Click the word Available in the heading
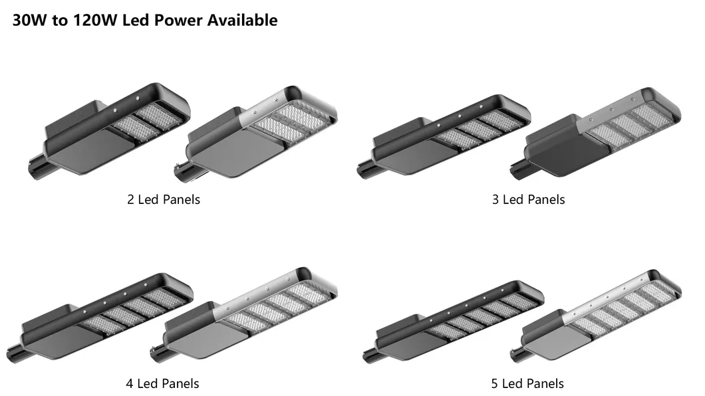click(x=242, y=20)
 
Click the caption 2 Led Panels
click(x=164, y=199)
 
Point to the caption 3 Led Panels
click(x=528, y=199)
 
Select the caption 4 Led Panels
click(x=162, y=383)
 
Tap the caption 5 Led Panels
click(x=527, y=383)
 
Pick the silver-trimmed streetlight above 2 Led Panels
click(x=256, y=132)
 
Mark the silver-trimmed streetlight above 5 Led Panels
click(x=596, y=316)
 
